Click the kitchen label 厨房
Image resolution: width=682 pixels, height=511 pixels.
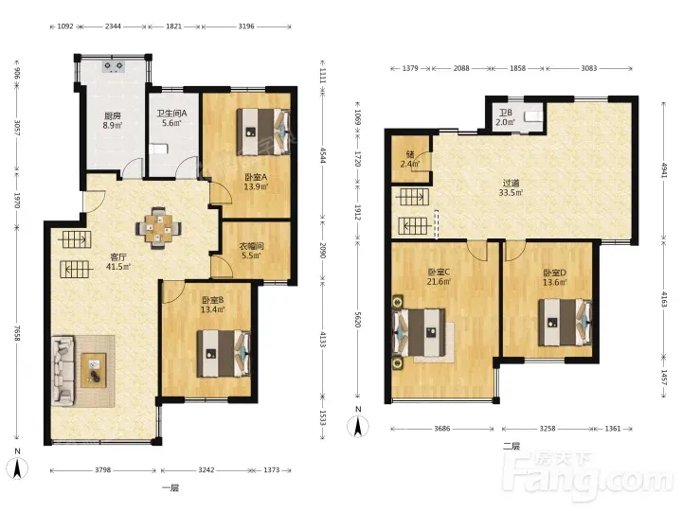[x=112, y=116]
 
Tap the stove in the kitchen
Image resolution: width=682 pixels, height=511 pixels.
[x=114, y=66]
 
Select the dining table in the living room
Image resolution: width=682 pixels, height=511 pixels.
[x=158, y=228]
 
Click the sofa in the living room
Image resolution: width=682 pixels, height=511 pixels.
[x=63, y=371]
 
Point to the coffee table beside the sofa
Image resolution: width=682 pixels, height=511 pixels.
[x=93, y=370]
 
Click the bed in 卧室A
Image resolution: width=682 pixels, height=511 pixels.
[x=262, y=132]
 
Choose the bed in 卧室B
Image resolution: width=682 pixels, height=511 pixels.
[x=224, y=354]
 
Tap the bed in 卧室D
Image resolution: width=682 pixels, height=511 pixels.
[x=565, y=323]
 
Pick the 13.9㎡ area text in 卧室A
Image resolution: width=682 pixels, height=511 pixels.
[x=256, y=186]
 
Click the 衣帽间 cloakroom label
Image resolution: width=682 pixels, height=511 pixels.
[x=251, y=246]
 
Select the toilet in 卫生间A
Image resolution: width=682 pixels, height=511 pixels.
[x=157, y=150]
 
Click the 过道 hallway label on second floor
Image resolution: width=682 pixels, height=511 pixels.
[x=511, y=183]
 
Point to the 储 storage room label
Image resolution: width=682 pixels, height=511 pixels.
[x=410, y=154]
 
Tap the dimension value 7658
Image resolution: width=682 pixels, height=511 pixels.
[x=17, y=333]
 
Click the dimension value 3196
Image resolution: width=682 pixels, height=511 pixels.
[x=246, y=26]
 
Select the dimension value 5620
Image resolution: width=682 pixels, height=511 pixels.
[x=357, y=320]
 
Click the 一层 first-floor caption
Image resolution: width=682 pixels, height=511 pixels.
[x=170, y=487]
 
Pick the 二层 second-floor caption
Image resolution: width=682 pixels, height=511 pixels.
[x=511, y=446]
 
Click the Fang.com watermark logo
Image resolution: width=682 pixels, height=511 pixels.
[x=587, y=477]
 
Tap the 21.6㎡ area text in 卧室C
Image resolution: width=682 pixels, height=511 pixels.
[x=439, y=282]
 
